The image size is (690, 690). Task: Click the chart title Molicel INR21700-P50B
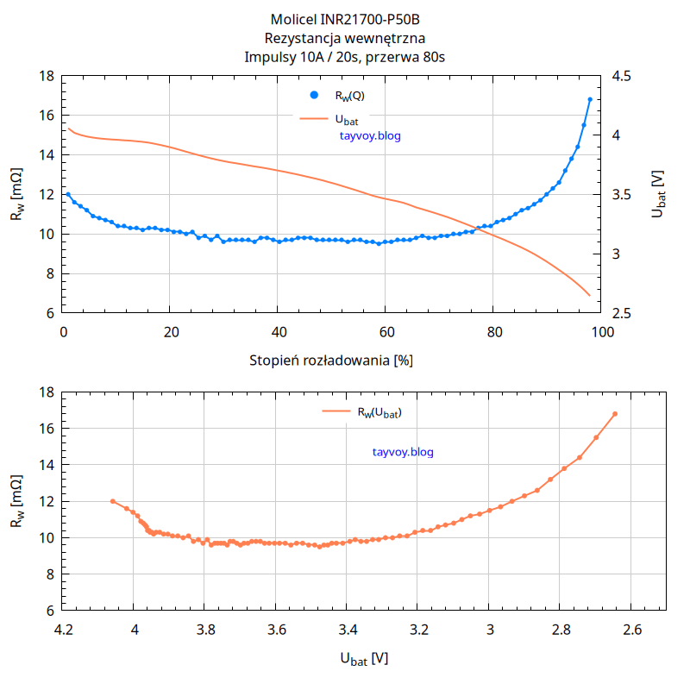(x=345, y=19)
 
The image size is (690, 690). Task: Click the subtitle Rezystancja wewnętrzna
(x=345, y=38)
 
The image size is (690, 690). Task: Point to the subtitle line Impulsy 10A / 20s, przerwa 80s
(x=345, y=57)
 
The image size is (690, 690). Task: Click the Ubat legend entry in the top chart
(x=345, y=119)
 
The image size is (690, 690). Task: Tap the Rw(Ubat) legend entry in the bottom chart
(x=379, y=412)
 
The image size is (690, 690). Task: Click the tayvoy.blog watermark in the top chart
(x=371, y=135)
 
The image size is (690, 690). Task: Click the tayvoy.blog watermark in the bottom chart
(x=404, y=452)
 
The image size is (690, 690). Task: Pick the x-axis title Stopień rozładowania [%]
(x=331, y=360)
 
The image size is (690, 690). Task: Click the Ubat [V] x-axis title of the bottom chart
(x=364, y=659)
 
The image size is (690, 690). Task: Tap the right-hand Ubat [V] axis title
(x=659, y=193)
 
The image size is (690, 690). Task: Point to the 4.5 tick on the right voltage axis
(x=621, y=77)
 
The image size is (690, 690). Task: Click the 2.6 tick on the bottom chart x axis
(x=631, y=630)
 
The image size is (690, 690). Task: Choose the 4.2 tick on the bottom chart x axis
(x=63, y=630)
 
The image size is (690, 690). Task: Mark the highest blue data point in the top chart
(x=590, y=100)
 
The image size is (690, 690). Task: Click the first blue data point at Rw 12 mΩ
(x=68, y=195)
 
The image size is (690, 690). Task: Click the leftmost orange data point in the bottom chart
(x=113, y=501)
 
